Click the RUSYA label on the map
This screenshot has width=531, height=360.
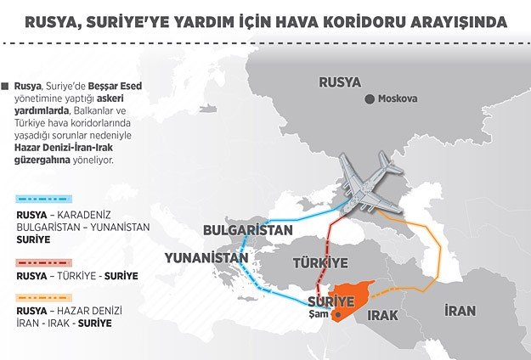click(x=340, y=82)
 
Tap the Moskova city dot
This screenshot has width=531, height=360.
click(x=369, y=99)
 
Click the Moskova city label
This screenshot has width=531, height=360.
click(x=398, y=99)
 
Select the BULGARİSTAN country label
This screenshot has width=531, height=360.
click(x=247, y=230)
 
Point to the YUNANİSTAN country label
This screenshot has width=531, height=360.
click(x=199, y=256)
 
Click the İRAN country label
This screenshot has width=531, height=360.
click(x=460, y=311)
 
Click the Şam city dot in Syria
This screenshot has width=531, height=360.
click(x=337, y=315)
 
